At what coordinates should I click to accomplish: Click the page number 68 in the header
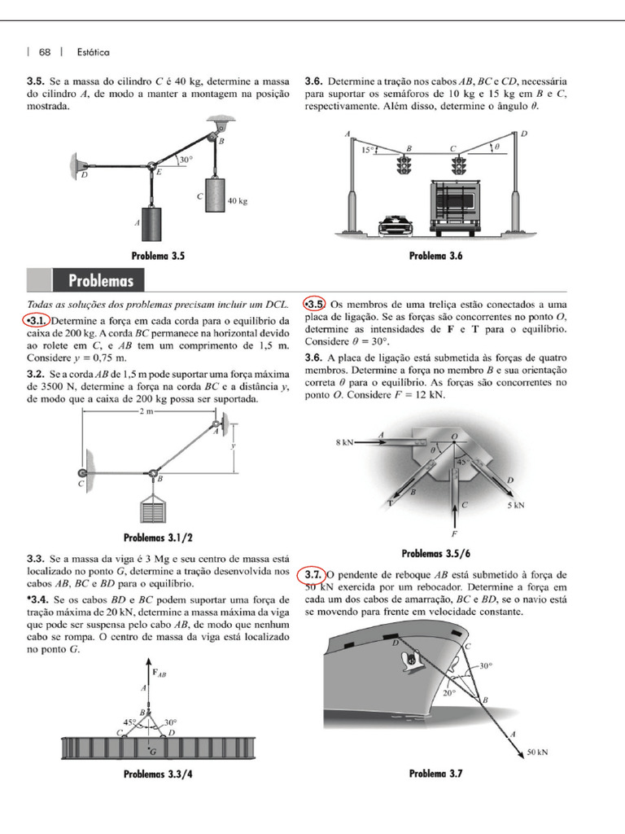point(44,52)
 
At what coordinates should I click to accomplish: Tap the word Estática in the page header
point(93,52)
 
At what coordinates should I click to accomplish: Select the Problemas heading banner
point(101,281)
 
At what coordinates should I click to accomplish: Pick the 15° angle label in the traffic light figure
point(368,150)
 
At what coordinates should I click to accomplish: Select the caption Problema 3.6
point(435,256)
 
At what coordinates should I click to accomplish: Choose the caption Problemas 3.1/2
point(158,538)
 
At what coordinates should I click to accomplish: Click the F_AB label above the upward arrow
point(160,672)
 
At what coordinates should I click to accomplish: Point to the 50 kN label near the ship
point(537,752)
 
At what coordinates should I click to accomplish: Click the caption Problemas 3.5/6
point(435,553)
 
